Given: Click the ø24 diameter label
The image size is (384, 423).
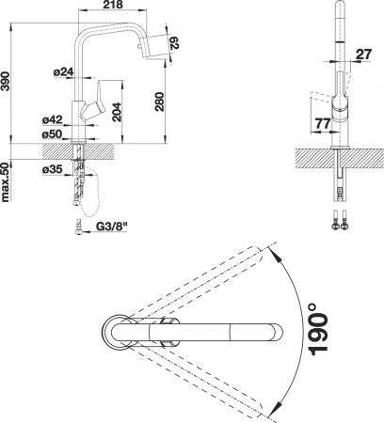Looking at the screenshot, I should point(64,71).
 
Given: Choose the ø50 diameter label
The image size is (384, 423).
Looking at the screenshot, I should point(54,133).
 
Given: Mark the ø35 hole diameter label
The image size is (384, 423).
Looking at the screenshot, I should point(54,169).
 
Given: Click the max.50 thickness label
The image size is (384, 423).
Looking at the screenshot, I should point(8,181).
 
